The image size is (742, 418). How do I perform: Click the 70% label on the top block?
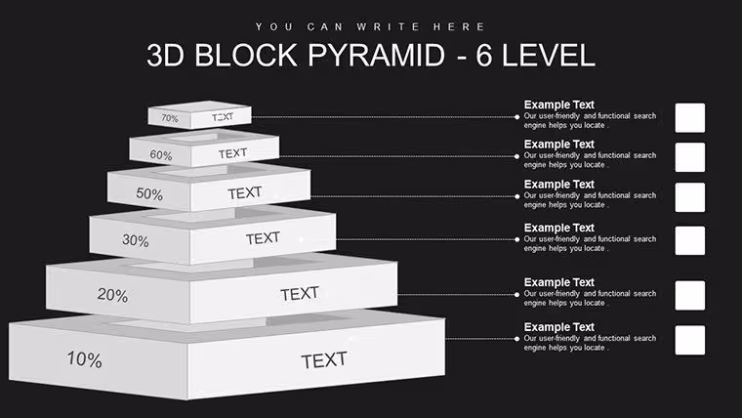click(x=170, y=118)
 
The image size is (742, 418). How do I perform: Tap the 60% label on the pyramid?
click(x=161, y=155)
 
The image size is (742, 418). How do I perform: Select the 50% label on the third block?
click(x=149, y=193)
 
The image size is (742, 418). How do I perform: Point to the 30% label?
click(x=136, y=240)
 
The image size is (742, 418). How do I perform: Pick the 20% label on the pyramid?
click(x=112, y=295)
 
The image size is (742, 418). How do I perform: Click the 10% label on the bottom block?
click(x=84, y=359)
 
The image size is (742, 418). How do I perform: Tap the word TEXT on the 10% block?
click(x=324, y=360)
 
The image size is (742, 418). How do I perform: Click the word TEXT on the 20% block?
click(x=300, y=294)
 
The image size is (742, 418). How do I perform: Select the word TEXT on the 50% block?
click(x=245, y=193)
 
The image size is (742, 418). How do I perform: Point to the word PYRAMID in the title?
click(x=376, y=55)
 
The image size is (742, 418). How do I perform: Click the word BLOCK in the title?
click(x=246, y=55)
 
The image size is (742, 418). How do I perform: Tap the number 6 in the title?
click(x=483, y=55)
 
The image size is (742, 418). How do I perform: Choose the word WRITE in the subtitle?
click(x=388, y=27)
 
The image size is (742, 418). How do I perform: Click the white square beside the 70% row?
click(x=690, y=118)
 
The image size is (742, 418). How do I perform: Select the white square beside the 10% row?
click(x=690, y=340)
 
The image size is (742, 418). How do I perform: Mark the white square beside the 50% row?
click(x=690, y=197)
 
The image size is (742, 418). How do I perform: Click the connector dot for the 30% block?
click(x=516, y=239)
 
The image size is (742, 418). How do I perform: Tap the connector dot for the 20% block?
click(x=516, y=294)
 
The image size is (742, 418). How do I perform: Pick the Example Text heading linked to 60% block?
click(x=558, y=145)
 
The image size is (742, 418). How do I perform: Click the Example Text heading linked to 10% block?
click(x=558, y=327)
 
